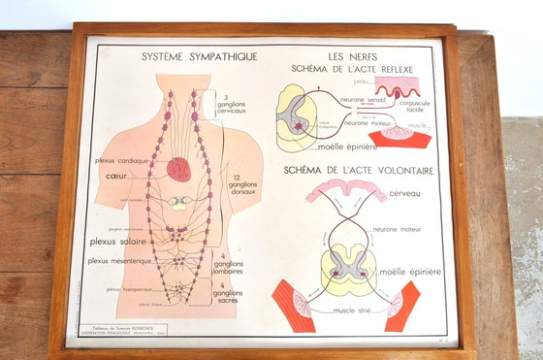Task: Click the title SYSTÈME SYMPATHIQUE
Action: (199, 57)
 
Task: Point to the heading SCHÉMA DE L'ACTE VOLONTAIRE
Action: (359, 171)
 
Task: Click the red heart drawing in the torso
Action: (178, 170)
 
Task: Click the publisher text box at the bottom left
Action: (114, 330)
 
